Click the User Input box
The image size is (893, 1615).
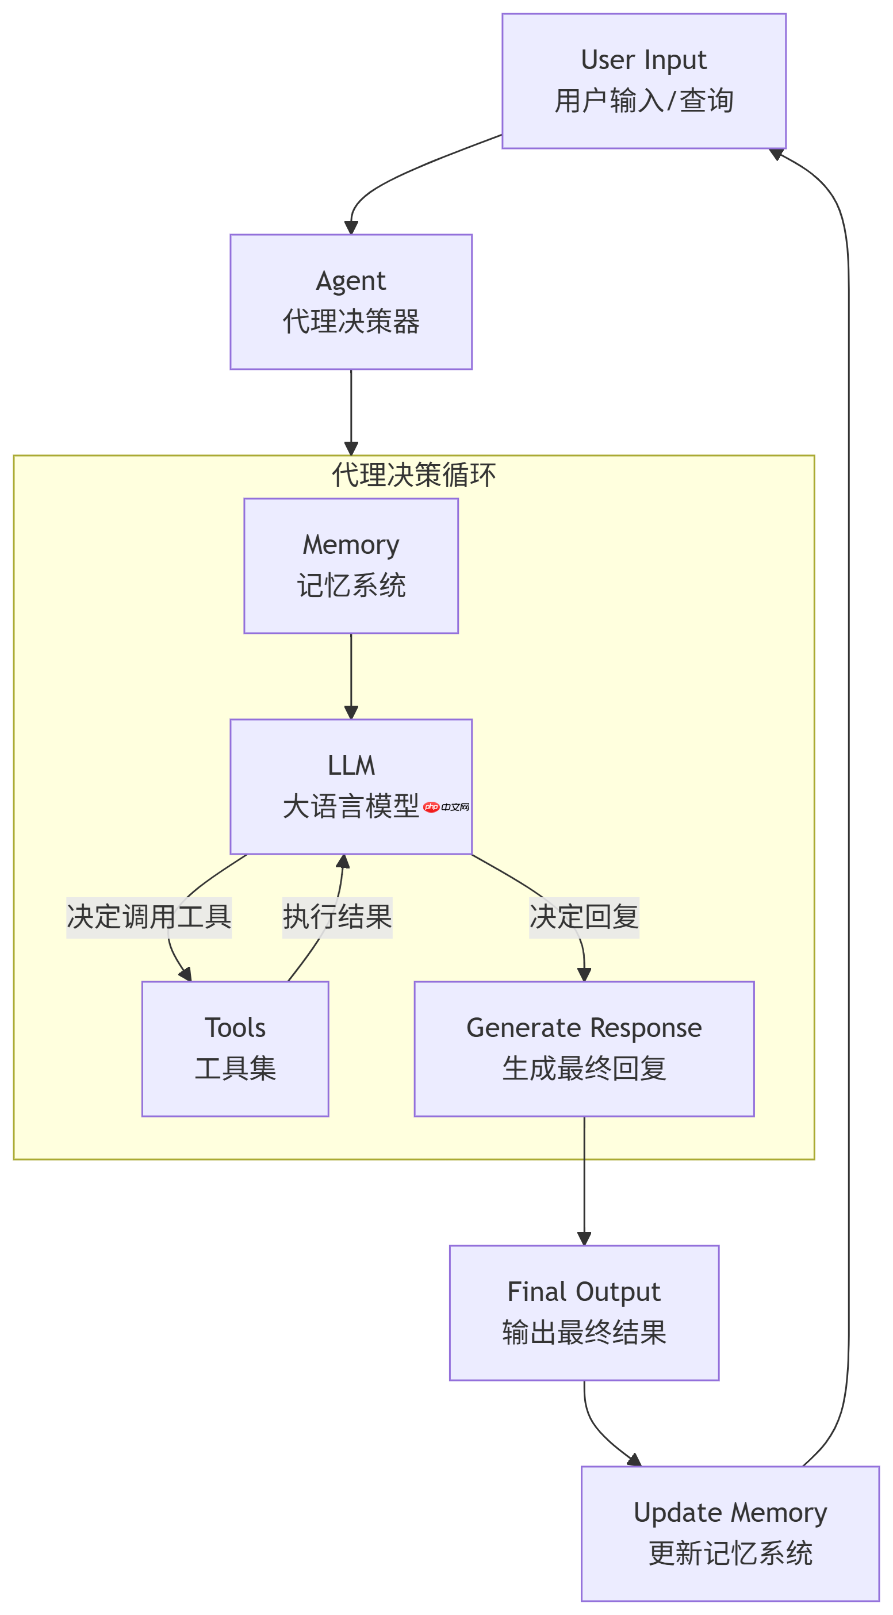pos(643,81)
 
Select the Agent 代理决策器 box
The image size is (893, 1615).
pos(351,301)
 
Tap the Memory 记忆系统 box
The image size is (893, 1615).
pos(351,565)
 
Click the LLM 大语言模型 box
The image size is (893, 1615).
pos(351,786)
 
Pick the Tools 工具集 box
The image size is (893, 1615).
pos(235,1049)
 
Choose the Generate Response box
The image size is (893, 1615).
pos(584,1049)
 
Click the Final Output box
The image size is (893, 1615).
pos(584,1313)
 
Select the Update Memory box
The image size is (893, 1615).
pos(730,1533)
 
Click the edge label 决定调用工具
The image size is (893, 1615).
pos(149,917)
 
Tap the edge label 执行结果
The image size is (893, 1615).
pos(337,917)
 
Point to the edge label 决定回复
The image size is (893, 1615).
pos(584,917)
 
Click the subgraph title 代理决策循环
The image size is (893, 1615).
pos(413,474)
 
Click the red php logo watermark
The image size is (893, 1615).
pos(431,807)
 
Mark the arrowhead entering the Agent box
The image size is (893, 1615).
pos(351,228)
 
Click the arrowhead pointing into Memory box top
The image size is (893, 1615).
pos(351,448)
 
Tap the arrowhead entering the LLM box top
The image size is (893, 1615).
pos(351,712)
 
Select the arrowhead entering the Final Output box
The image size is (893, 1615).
pos(584,1239)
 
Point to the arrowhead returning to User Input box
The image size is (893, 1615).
pos(776,154)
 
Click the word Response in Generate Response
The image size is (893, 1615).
pos(646,1028)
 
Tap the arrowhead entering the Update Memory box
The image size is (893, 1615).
pos(634,1460)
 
